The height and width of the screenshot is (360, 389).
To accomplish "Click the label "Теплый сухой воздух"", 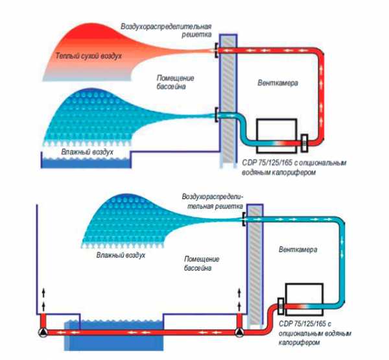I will click(x=88, y=56).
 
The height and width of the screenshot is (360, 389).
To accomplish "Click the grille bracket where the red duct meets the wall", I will click(x=217, y=49).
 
